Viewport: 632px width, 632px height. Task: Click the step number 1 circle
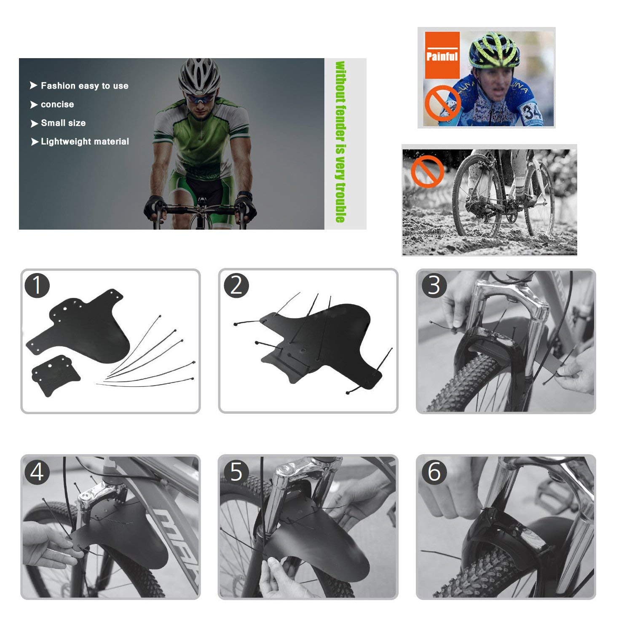coord(37,285)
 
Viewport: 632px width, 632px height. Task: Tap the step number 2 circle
coord(236,285)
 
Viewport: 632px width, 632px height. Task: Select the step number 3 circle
coord(434,285)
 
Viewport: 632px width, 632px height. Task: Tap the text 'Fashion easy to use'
coord(85,86)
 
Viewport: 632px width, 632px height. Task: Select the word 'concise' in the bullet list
coord(57,104)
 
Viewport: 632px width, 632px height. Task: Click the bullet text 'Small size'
coord(63,123)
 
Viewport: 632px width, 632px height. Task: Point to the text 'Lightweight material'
coord(85,142)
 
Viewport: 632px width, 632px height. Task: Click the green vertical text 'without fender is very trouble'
coord(340,142)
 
